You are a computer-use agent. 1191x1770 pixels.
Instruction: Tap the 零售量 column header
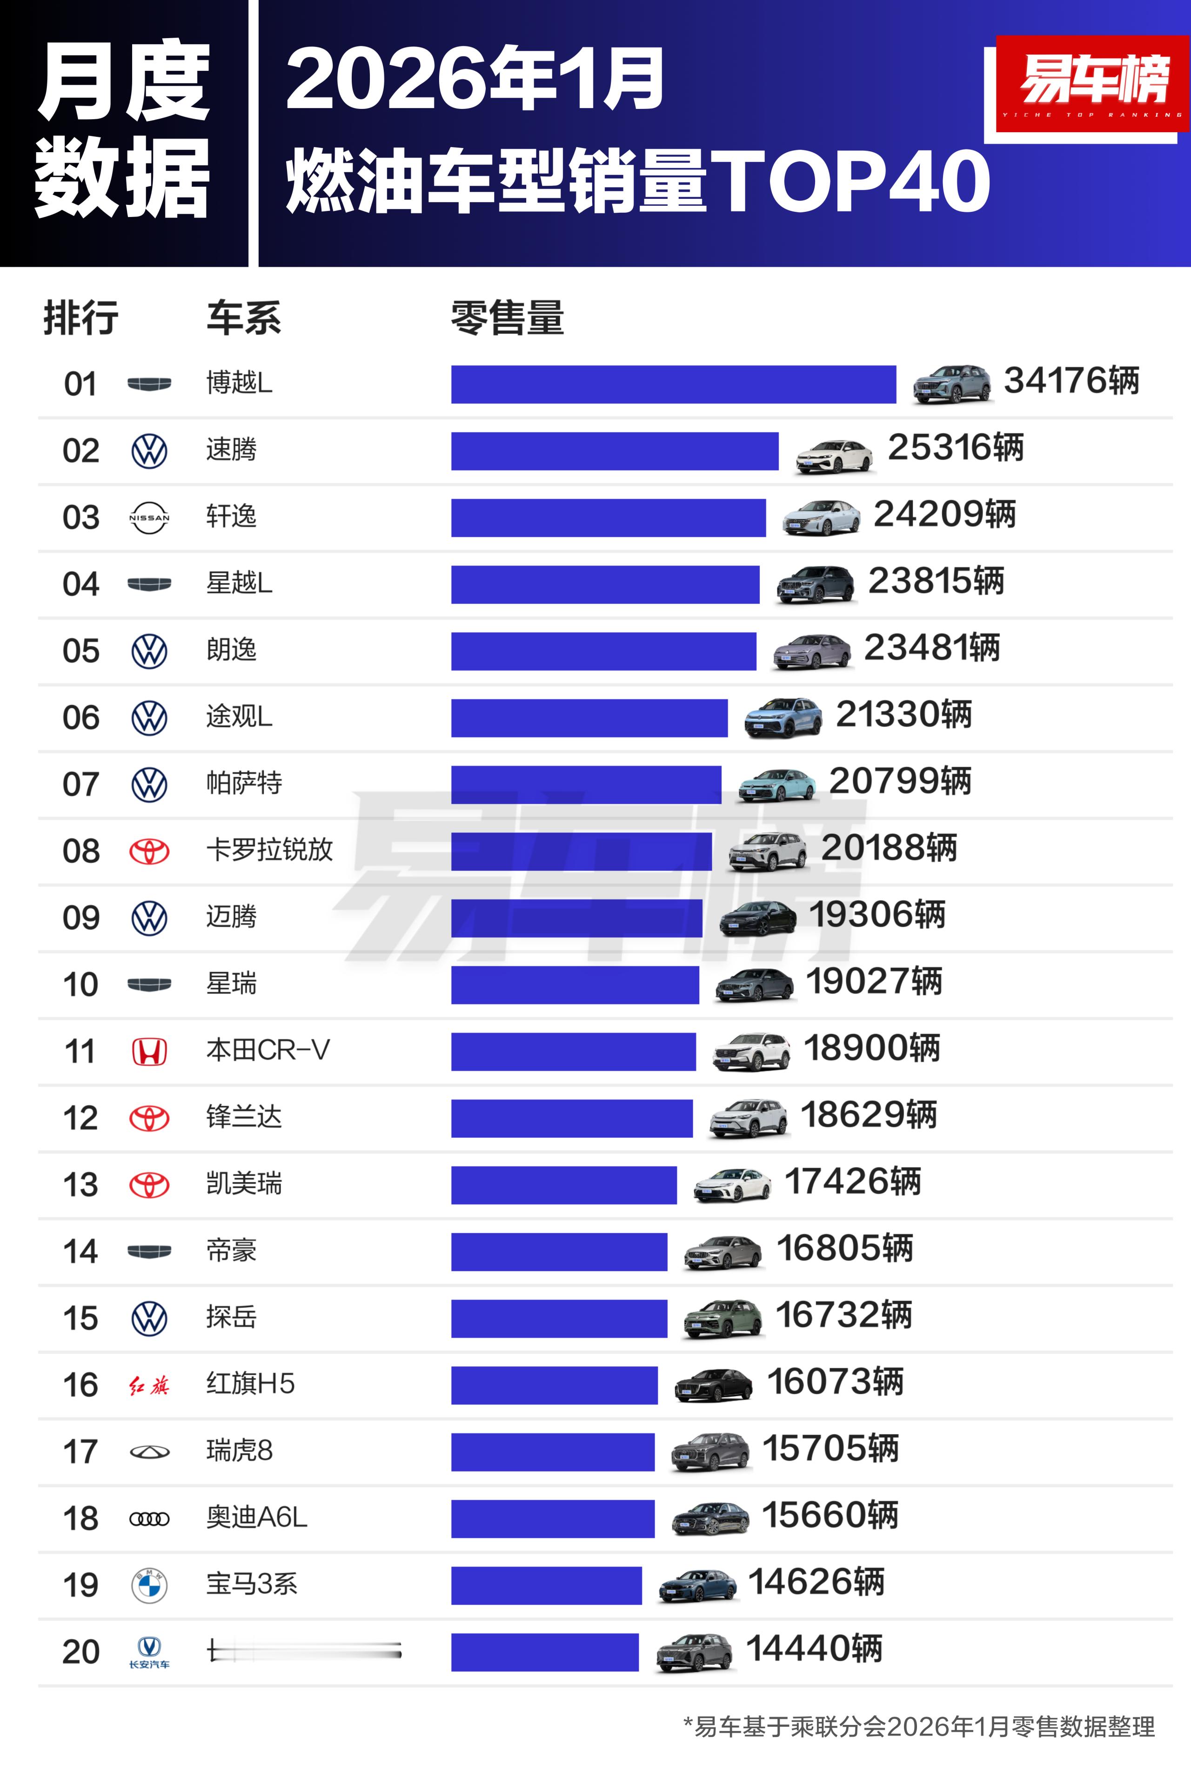click(x=508, y=317)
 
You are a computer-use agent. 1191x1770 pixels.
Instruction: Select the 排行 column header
click(x=80, y=317)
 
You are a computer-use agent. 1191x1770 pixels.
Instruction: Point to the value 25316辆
click(x=956, y=448)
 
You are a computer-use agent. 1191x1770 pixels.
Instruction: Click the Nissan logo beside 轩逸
click(x=149, y=518)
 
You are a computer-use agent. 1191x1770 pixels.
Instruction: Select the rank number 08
click(x=80, y=851)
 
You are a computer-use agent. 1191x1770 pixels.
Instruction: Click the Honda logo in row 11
click(x=149, y=1052)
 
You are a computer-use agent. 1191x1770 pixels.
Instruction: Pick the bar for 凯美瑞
click(x=563, y=1185)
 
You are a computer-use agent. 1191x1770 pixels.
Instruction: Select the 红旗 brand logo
click(x=149, y=1385)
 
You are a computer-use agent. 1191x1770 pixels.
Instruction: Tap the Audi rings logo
click(x=149, y=1519)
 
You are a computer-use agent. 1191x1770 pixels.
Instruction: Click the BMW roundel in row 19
click(x=149, y=1585)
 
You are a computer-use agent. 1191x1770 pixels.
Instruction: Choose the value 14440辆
click(x=814, y=1649)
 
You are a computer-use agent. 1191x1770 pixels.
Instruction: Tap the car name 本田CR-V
click(x=268, y=1050)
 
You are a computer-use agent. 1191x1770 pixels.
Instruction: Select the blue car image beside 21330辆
click(x=783, y=717)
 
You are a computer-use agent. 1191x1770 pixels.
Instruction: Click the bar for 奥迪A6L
click(x=552, y=1519)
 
